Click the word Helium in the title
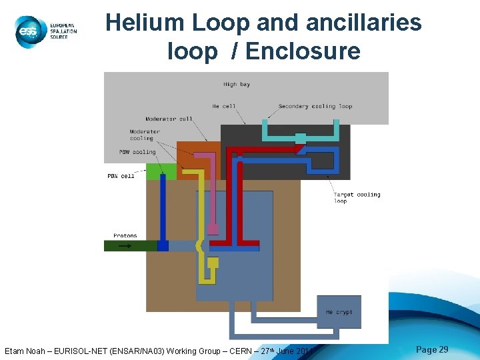(x=144, y=23)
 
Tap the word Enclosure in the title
(x=303, y=51)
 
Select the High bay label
(x=236, y=85)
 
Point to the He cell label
(x=224, y=106)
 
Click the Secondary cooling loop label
(x=315, y=106)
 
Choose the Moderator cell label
(x=169, y=119)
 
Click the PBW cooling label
(x=137, y=152)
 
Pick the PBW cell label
(x=121, y=176)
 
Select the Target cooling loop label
(x=357, y=197)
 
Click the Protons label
(x=125, y=235)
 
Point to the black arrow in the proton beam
(x=125, y=245)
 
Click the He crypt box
(x=339, y=311)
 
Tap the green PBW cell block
(x=161, y=171)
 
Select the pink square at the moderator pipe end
(x=213, y=229)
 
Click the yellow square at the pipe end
(x=213, y=263)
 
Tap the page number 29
(x=432, y=349)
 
